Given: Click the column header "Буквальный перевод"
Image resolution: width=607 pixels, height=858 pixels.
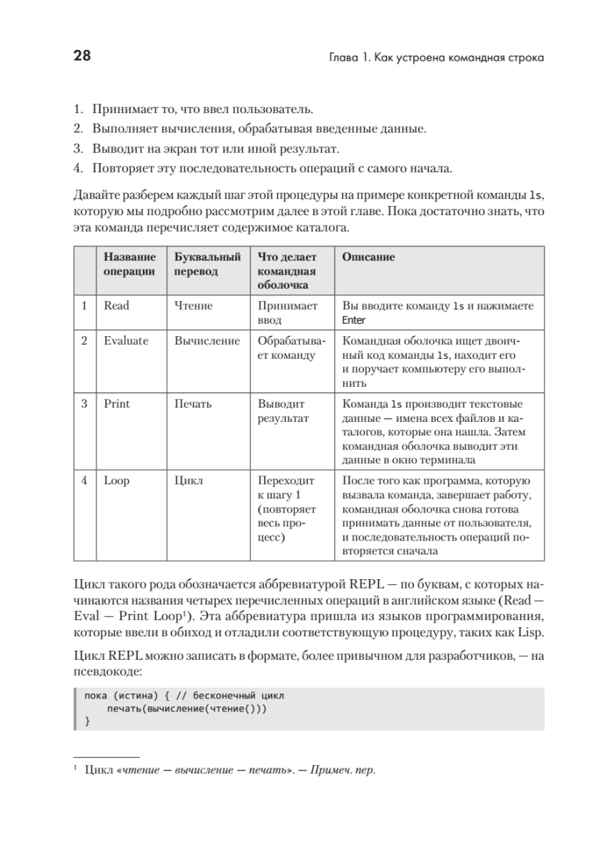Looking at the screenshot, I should [x=207, y=264].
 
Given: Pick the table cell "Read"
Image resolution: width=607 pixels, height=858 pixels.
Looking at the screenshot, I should [x=117, y=306].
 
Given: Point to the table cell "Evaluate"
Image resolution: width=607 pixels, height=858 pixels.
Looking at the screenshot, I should [x=126, y=341].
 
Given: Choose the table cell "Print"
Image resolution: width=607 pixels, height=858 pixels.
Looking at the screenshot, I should [x=117, y=404].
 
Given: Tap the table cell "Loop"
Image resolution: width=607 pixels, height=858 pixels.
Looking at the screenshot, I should [x=117, y=481].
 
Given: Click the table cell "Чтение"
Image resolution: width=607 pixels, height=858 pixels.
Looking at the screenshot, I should [x=193, y=306].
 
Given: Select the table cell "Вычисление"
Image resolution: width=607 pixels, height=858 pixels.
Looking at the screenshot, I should [x=207, y=341].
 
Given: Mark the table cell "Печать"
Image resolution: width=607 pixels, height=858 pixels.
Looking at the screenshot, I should [x=193, y=404].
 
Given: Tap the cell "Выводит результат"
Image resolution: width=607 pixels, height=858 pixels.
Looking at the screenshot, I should [x=283, y=411].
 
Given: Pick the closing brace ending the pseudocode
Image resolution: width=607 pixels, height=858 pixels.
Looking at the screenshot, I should [x=87, y=722].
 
